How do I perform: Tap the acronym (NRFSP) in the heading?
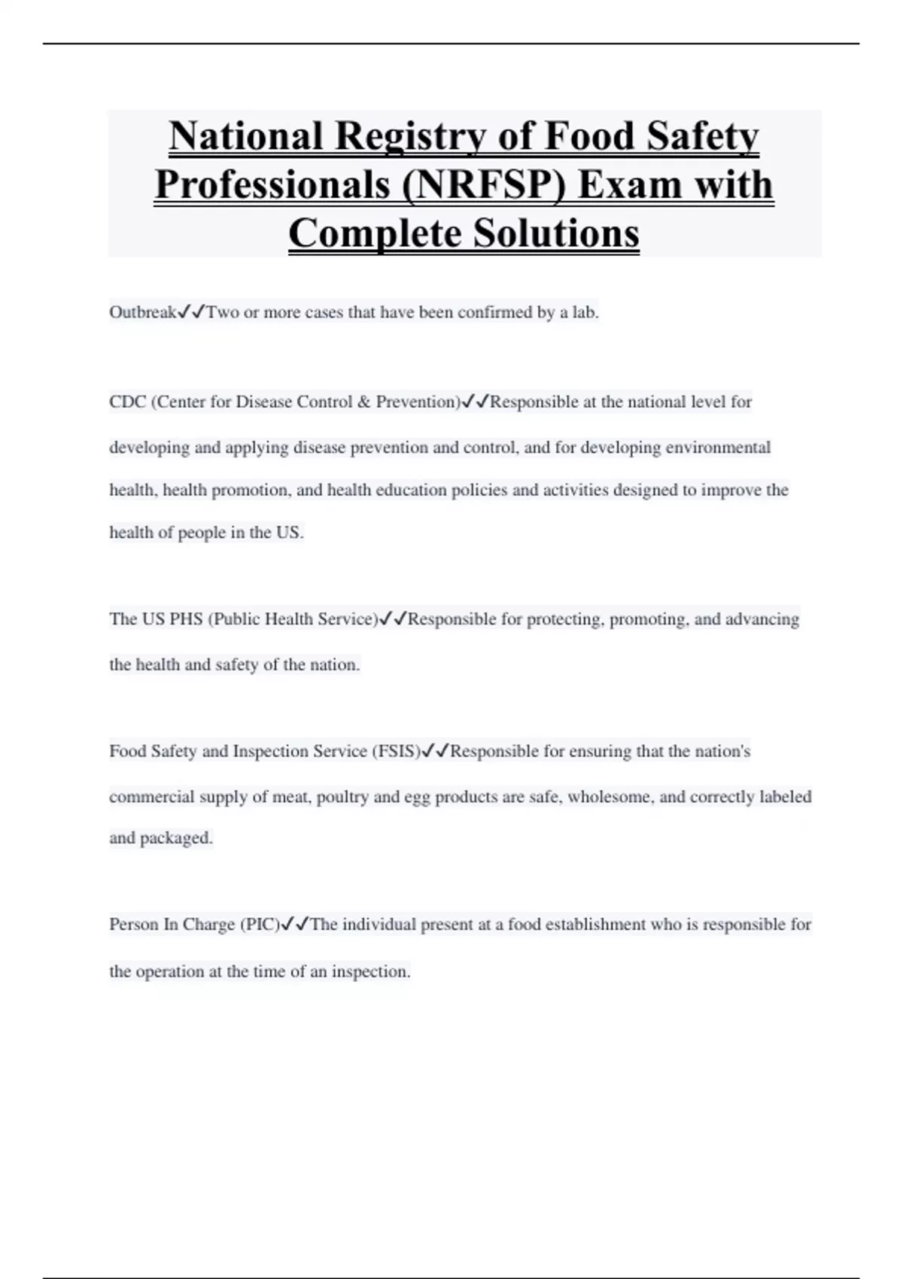coord(483,185)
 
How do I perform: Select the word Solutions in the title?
coord(556,233)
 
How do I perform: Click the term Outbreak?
coord(142,312)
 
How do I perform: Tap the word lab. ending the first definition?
coord(585,312)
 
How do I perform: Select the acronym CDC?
coord(127,402)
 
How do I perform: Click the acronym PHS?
coord(186,619)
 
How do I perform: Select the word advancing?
coord(762,619)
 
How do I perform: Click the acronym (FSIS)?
coord(396,751)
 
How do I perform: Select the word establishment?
coord(595,925)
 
